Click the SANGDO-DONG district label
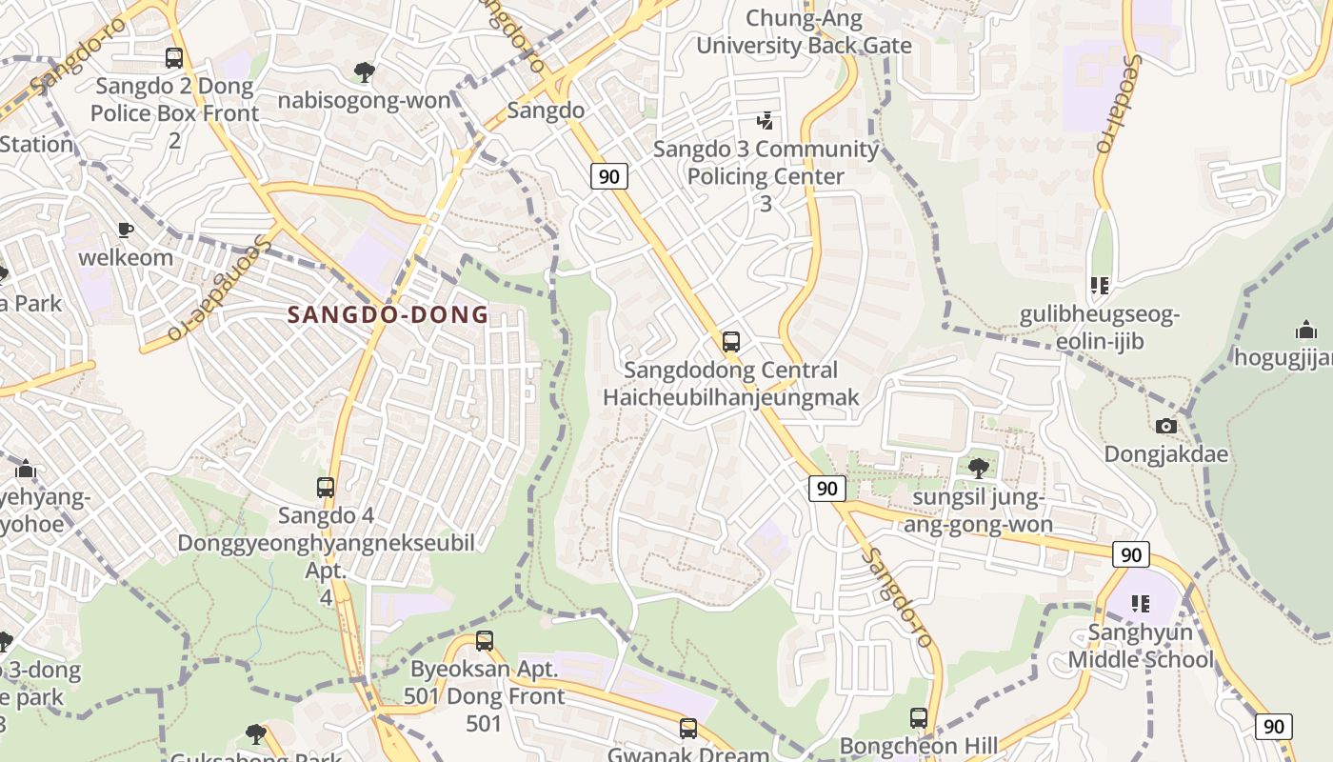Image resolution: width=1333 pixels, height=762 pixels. coord(388,314)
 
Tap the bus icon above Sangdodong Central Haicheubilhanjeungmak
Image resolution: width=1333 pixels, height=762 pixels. coord(731,341)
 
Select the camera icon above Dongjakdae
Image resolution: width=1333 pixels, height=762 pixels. coord(1165,426)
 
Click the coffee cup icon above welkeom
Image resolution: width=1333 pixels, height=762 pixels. coord(125,230)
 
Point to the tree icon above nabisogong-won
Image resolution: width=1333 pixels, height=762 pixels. coord(364,71)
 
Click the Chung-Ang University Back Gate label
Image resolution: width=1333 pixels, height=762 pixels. coord(804,31)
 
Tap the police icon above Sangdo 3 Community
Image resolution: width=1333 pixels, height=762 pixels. coord(765,121)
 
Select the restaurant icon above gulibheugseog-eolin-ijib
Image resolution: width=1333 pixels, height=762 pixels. coord(1100,286)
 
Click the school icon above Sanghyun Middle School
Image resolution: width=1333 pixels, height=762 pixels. coord(1140,604)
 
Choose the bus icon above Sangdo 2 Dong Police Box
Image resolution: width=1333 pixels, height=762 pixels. coord(173,58)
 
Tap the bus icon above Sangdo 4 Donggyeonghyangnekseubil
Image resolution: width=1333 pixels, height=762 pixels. coord(326,488)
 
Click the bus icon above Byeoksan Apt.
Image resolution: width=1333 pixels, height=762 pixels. coord(485,641)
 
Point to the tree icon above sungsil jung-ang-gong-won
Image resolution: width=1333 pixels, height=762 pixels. coord(978,468)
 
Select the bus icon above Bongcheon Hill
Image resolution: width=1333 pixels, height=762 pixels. coord(918,718)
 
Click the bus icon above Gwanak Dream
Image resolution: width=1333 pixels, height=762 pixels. coord(688,729)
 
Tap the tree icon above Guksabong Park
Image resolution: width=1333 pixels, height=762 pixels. coord(255,733)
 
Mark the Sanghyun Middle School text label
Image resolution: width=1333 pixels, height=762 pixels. coord(1140,646)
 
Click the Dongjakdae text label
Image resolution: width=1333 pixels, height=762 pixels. coord(1165,454)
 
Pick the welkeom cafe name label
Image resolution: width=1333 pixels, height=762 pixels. coord(126,257)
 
